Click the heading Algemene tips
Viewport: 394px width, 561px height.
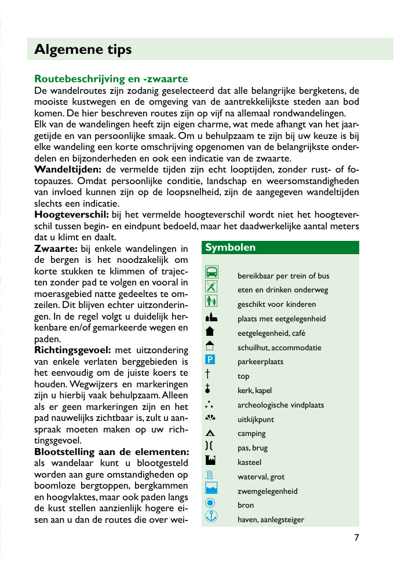[x=83, y=50]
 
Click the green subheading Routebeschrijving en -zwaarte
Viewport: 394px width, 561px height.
[x=111, y=79]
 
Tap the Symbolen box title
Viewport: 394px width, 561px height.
[x=230, y=248]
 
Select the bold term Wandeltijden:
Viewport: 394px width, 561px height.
[x=68, y=170]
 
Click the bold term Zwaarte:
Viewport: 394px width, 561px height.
[x=56, y=249]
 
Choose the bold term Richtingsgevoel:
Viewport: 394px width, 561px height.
[x=72, y=350]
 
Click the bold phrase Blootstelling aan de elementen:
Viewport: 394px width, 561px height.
[x=112, y=452]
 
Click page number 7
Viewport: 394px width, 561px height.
[x=357, y=537]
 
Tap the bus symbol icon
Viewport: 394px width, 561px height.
[x=212, y=273]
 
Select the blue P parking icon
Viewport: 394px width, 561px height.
[x=211, y=360]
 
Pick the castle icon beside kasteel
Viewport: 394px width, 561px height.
[x=211, y=461]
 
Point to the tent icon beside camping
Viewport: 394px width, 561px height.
[x=210, y=433]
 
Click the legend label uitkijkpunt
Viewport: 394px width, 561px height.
[x=256, y=420]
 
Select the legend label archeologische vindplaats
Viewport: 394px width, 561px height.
[x=280, y=405]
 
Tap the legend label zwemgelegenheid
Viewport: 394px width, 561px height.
[x=267, y=492]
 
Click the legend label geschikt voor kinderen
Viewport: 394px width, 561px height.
[x=276, y=305]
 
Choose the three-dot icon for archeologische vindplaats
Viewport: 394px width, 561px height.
[x=210, y=404]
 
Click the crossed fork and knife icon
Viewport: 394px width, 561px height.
[x=211, y=287]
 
